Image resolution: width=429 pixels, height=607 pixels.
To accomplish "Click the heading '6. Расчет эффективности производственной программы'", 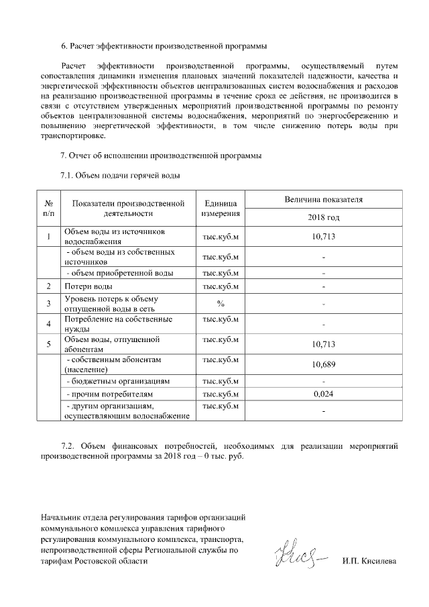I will coord(164,46).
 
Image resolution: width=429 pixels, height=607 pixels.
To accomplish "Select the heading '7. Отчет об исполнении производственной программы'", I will coord(161,156).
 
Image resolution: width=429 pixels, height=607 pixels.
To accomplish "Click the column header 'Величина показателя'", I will coord(323,199).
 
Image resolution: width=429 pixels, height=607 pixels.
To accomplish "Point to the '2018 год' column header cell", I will coord(323,217).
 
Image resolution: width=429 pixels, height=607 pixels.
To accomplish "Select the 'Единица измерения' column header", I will coord(220,209).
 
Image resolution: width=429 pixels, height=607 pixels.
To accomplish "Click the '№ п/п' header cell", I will coord(49,209).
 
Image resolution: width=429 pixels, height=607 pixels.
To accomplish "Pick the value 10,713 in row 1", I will coord(323,236).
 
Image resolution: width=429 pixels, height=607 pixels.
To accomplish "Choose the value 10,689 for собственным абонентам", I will coord(323,364).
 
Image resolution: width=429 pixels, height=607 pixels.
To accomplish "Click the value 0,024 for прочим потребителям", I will coord(323,394).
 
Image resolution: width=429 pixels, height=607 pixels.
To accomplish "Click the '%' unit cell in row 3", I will coord(220,304).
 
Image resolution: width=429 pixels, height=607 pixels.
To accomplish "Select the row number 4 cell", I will coord(49,324).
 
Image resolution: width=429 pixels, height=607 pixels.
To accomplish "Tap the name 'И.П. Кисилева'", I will coord(369,560).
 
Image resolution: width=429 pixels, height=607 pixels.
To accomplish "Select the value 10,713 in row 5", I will coord(323,344).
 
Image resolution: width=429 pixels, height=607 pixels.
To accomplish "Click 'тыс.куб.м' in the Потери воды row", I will coord(220,287).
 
